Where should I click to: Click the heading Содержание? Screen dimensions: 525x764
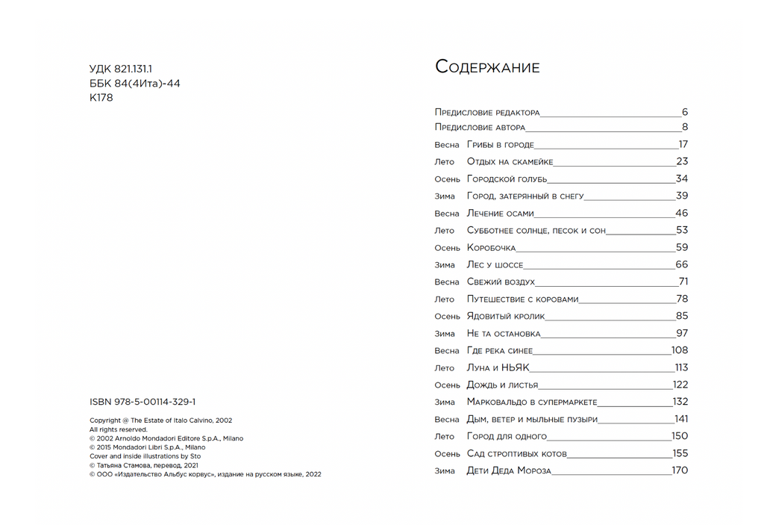pyautogui.click(x=487, y=67)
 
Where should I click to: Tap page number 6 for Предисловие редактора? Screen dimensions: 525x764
pyautogui.click(x=684, y=113)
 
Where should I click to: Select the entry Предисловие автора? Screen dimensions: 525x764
pyautogui.click(x=480, y=128)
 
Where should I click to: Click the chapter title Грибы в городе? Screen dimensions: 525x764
pyautogui.click(x=500, y=145)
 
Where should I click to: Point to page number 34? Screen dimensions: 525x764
pyautogui.click(x=681, y=179)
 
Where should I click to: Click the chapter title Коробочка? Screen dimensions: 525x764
pyautogui.click(x=491, y=248)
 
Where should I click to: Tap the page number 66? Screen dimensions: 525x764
pyautogui.click(x=681, y=265)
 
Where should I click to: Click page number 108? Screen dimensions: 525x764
pyautogui.click(x=679, y=351)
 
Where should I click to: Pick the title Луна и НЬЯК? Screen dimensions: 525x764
pyautogui.click(x=498, y=368)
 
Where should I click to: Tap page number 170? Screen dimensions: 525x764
pyautogui.click(x=679, y=471)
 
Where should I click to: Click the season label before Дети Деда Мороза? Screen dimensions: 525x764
pyautogui.click(x=445, y=471)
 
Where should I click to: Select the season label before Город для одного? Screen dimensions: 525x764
pyautogui.click(x=445, y=437)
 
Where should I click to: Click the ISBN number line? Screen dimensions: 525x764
pyautogui.click(x=143, y=402)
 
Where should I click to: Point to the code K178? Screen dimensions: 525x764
pyautogui.click(x=101, y=98)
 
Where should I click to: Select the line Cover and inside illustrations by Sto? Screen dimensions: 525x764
pyautogui.click(x=145, y=456)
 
